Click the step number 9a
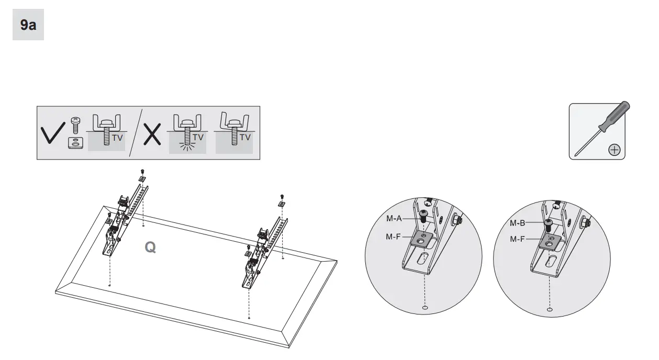point(28,25)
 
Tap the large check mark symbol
point(53,133)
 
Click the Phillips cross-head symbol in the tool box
point(614,150)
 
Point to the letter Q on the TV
point(150,248)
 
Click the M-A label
point(394,218)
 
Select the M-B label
point(518,223)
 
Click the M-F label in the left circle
point(394,237)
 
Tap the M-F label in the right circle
point(518,240)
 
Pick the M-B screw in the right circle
point(548,224)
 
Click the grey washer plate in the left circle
point(422,239)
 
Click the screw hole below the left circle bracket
point(425,308)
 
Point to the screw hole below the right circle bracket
point(549,310)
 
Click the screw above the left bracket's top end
point(142,171)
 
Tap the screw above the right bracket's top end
point(282,196)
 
